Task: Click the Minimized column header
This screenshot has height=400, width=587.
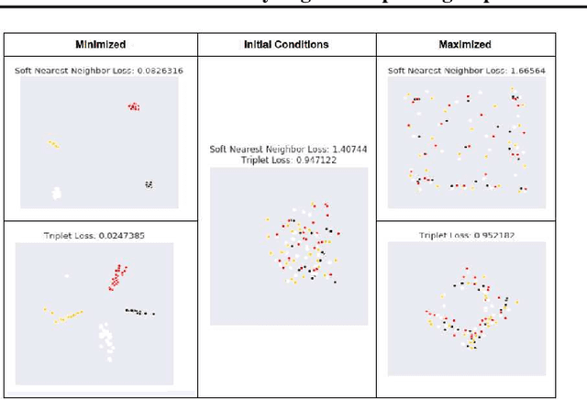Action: click(x=100, y=44)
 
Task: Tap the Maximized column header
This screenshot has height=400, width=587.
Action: click(x=464, y=44)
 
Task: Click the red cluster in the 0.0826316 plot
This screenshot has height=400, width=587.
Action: click(x=134, y=106)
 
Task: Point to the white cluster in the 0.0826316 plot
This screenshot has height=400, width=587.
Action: click(x=57, y=193)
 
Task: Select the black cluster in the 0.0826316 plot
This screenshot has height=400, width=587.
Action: click(x=149, y=184)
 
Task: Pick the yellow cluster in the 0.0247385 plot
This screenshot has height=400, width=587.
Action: click(x=66, y=317)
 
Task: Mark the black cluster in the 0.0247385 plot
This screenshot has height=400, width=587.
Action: click(x=139, y=311)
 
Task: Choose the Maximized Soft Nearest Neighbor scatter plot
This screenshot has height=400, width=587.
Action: click(x=467, y=142)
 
